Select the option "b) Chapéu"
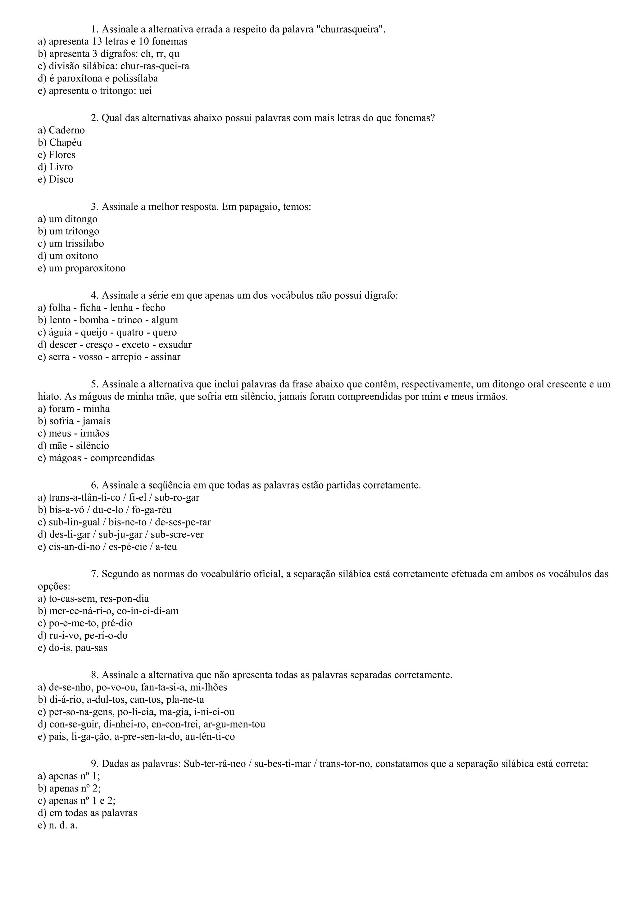click(60, 143)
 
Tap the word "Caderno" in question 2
click(66, 130)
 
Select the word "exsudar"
click(175, 345)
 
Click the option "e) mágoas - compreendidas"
click(96, 458)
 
